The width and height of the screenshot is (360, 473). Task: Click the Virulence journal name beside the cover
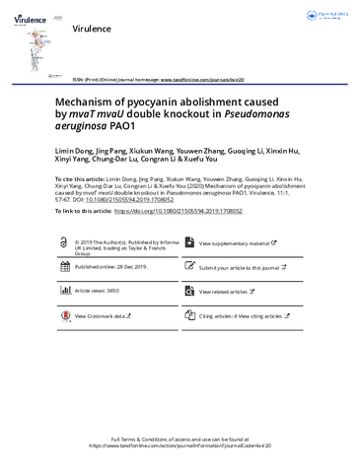(x=94, y=30)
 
